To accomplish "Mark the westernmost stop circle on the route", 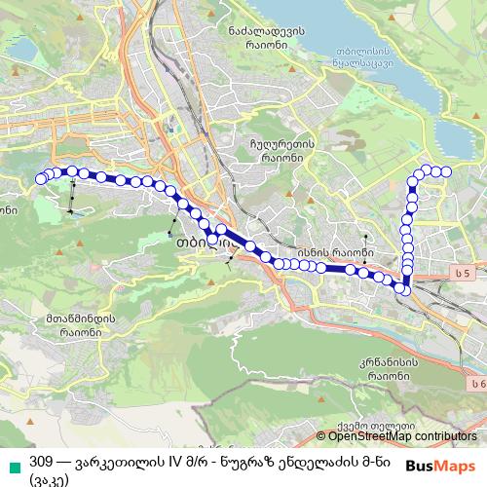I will pyautogui.click(x=41, y=178).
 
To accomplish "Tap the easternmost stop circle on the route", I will pyautogui.click(x=447, y=171).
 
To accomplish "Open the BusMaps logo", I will pyautogui.click(x=442, y=466).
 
